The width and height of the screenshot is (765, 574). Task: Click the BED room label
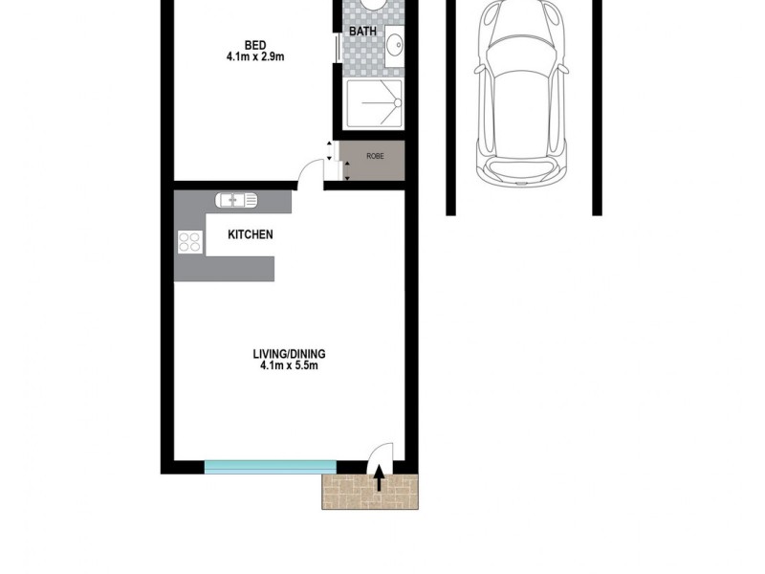(x=254, y=44)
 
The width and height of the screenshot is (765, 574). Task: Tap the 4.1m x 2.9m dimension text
(x=254, y=56)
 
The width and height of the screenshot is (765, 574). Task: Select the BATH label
(x=362, y=32)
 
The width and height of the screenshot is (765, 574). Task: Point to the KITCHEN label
(x=251, y=234)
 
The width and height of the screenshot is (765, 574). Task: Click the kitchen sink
(x=235, y=200)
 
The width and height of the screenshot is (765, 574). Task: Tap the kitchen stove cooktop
(x=189, y=243)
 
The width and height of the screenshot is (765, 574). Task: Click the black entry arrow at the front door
(x=380, y=476)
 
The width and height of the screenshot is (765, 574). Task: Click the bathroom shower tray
(x=373, y=102)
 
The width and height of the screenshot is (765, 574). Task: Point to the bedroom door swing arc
(x=309, y=172)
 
